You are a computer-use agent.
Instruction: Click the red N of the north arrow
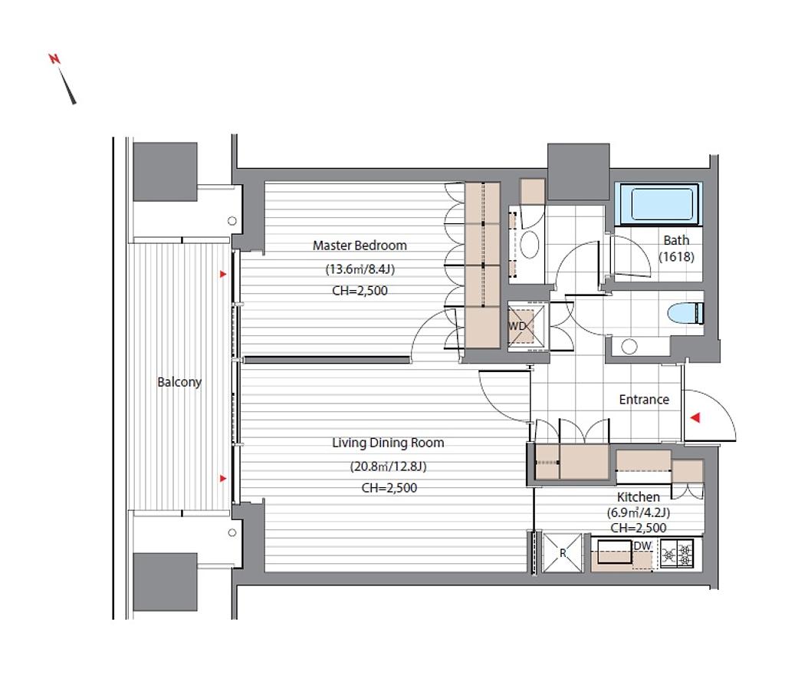click(x=54, y=58)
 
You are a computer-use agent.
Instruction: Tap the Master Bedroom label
click(x=360, y=246)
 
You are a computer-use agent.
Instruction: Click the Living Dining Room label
click(x=388, y=443)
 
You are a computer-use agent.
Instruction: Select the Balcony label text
click(x=179, y=382)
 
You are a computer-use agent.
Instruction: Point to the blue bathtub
click(x=659, y=204)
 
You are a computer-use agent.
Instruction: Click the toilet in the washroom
click(x=685, y=313)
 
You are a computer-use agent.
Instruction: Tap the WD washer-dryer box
click(x=521, y=326)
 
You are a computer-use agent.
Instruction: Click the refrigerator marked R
click(x=563, y=552)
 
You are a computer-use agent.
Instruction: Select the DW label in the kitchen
click(x=642, y=546)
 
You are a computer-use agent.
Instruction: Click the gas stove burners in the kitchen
click(x=677, y=554)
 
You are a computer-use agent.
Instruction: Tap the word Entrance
click(x=644, y=400)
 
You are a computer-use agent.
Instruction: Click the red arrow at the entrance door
click(x=695, y=417)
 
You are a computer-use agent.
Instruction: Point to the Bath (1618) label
click(x=676, y=249)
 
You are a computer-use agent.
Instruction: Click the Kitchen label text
click(x=639, y=496)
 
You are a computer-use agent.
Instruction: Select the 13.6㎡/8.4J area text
click(x=360, y=269)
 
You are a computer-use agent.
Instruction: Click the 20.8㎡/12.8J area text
click(x=388, y=466)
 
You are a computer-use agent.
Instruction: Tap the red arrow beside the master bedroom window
click(x=223, y=274)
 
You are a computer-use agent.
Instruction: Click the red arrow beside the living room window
click(x=223, y=479)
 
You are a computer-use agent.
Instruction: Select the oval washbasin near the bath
click(x=530, y=245)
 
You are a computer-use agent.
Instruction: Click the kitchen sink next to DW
click(x=614, y=552)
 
